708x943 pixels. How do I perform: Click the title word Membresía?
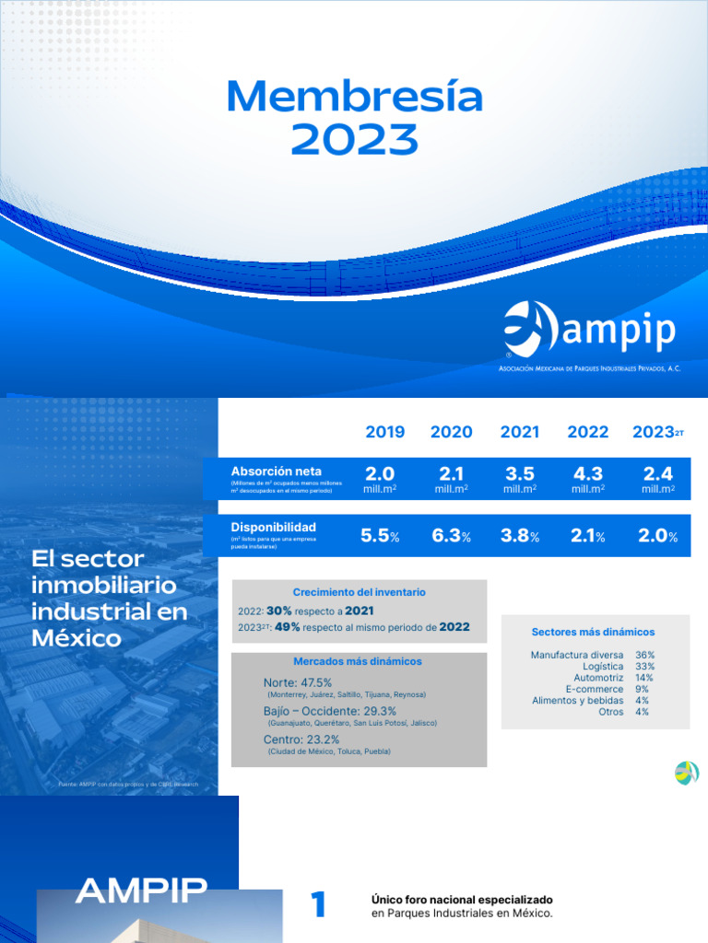click(x=354, y=97)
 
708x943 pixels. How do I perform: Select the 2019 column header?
click(x=385, y=432)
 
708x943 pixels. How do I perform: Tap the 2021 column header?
click(x=520, y=432)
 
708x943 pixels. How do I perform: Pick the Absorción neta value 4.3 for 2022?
click(x=588, y=474)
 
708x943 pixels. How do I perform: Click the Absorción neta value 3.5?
click(x=520, y=474)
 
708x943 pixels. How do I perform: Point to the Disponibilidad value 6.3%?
click(x=451, y=535)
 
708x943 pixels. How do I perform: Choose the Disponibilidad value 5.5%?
click(x=380, y=535)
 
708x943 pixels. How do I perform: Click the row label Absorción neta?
click(x=276, y=471)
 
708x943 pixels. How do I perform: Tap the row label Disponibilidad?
click(x=274, y=527)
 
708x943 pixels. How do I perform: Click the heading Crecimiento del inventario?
click(x=359, y=592)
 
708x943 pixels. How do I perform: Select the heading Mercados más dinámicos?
click(x=358, y=661)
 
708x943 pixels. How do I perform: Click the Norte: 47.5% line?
click(x=298, y=682)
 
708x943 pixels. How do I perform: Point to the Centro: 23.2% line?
click(x=301, y=739)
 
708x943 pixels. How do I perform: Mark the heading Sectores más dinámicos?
click(x=593, y=632)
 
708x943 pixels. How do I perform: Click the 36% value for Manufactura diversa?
click(x=644, y=655)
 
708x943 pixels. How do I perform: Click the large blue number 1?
click(x=319, y=905)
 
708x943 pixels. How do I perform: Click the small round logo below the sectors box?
click(x=687, y=772)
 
